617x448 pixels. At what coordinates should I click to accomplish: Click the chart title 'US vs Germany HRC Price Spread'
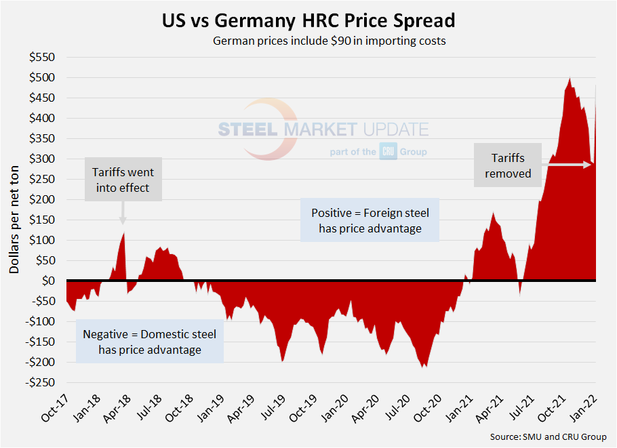[x=308, y=20]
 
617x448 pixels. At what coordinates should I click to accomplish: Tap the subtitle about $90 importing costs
[x=328, y=41]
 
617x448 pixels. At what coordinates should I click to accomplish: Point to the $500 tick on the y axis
[x=43, y=77]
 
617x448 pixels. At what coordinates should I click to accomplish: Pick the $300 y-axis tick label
[x=43, y=159]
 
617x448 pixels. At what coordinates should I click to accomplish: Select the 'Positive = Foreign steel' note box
[x=370, y=220]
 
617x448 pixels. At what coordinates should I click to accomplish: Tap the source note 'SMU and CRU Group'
[x=548, y=437]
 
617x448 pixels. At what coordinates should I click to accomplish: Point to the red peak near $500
[x=570, y=79]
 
